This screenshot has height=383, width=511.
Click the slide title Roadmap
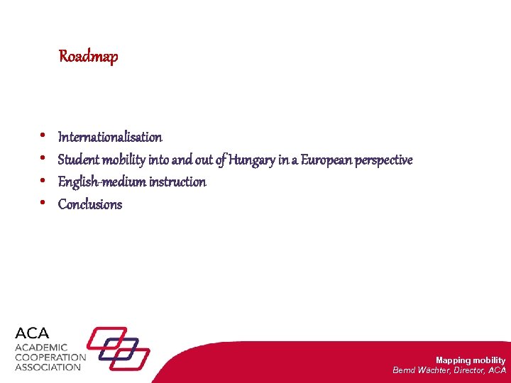[88, 56]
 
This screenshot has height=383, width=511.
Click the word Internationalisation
[110, 137]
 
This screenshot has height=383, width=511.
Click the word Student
[78, 160]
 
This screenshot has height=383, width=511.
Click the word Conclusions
[90, 205]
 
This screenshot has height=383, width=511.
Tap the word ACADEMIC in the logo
[42, 348]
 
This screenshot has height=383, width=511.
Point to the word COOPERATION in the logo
[50, 357]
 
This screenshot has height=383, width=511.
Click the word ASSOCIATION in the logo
[48, 367]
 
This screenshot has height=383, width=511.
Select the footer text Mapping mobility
[470, 360]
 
